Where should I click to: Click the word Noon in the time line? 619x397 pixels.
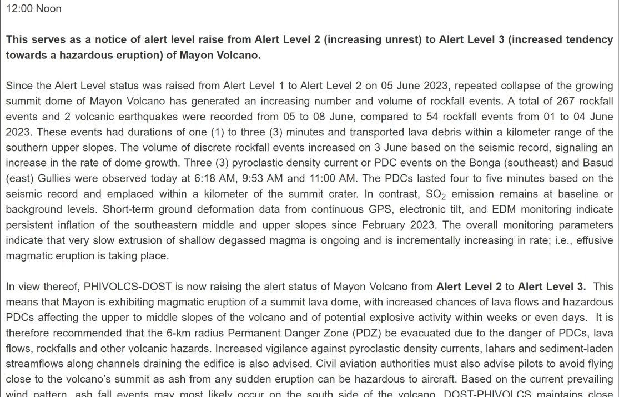click(x=49, y=9)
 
